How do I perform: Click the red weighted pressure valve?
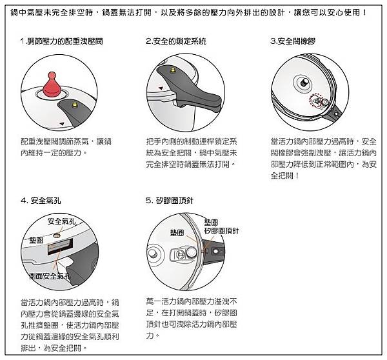(52, 85)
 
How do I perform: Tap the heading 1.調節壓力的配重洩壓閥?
(62, 41)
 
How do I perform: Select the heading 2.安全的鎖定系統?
(176, 41)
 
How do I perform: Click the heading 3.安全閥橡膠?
(293, 41)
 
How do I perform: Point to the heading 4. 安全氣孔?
(41, 201)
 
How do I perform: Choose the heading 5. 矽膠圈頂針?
(170, 201)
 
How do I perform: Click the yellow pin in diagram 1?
(74, 105)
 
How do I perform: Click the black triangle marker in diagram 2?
(161, 88)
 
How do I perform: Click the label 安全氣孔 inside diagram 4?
(62, 221)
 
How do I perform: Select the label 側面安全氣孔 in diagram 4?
(50, 275)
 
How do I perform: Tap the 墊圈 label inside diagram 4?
(36, 240)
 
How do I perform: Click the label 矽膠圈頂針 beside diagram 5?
(222, 230)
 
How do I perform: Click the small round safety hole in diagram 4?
(57, 235)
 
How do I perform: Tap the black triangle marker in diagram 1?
(62, 124)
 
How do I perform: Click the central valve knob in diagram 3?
(304, 82)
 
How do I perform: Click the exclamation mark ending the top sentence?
(365, 12)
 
